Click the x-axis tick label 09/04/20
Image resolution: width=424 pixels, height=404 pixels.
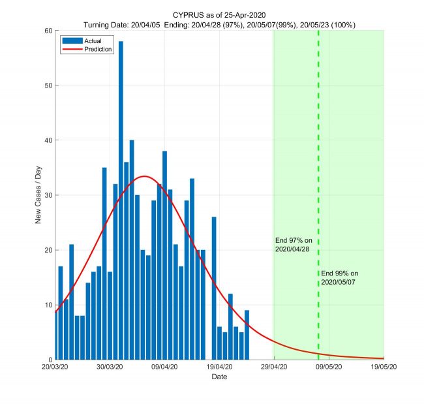[x=165, y=367]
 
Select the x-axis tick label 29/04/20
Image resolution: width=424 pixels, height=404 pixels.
[x=274, y=367]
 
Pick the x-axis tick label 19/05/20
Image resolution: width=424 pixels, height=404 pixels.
[x=383, y=367]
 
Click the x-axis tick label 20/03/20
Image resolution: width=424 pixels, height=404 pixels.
[x=56, y=367]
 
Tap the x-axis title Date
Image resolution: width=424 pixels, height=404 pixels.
[x=219, y=377]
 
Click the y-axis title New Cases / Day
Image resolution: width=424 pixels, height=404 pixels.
[x=38, y=195]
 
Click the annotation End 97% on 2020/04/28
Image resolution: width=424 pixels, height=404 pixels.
[x=294, y=245]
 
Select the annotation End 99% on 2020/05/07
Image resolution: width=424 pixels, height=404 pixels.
[x=340, y=277]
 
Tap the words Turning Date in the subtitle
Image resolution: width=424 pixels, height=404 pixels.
[x=107, y=24]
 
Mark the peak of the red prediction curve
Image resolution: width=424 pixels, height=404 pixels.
[x=145, y=176]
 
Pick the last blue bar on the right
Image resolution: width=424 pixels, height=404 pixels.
[x=247, y=335]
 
